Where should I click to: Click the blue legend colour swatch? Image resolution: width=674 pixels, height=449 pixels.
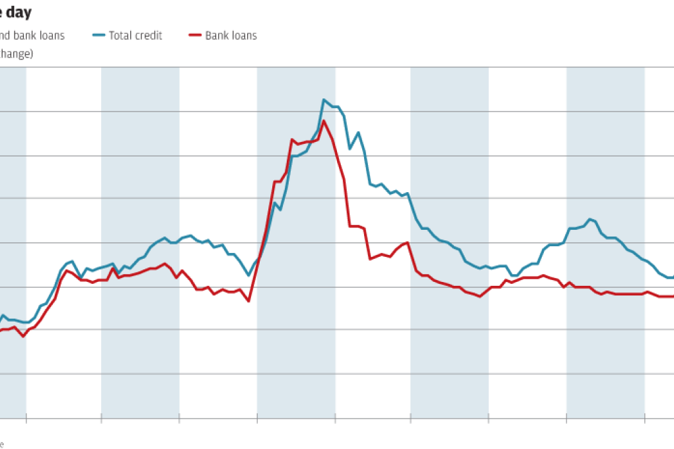click(100, 36)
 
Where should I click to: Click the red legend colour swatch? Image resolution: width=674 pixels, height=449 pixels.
click(196, 36)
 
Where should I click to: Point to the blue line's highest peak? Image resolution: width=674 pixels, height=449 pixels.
click(324, 100)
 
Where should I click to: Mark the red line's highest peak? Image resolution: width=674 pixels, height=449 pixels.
click(323, 121)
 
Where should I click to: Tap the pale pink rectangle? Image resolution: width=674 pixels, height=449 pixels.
click(527, 310)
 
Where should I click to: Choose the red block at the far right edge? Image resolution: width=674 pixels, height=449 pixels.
click(659, 309)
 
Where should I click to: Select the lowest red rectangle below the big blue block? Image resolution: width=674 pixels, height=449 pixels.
click(387, 256)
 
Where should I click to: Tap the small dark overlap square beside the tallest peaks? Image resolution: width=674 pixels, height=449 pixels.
click(343, 151)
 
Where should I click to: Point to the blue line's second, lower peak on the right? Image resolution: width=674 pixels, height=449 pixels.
click(591, 219)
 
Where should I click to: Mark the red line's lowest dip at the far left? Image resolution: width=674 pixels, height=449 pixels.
click(24, 336)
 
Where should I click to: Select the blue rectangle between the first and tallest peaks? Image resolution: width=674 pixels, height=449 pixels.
click(228, 251)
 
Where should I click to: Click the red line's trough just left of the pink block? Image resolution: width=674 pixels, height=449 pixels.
click(480, 296)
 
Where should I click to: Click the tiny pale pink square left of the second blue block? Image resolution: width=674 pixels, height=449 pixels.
click(182, 282)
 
